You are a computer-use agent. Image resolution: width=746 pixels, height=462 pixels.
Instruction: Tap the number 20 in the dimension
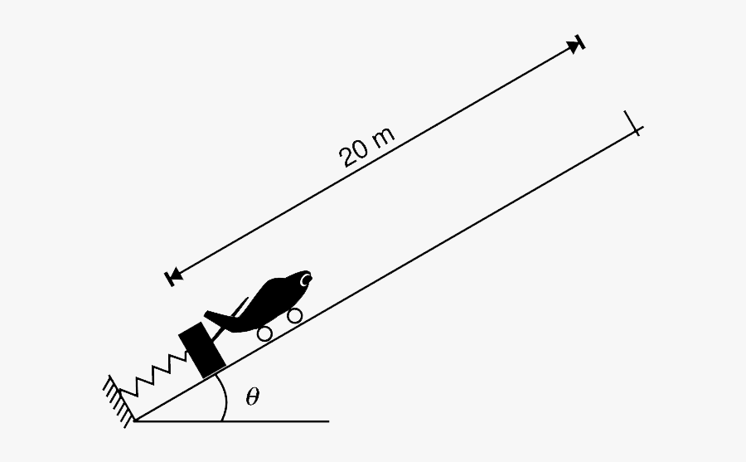pos(355,153)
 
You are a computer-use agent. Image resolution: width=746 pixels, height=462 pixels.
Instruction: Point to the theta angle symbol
pos(253,396)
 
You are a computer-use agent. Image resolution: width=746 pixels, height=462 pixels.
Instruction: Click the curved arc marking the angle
pos(225,397)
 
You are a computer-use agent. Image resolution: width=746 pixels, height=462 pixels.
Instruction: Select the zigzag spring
pos(153,375)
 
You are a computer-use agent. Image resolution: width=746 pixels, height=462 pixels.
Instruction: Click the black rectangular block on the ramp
pos(201,350)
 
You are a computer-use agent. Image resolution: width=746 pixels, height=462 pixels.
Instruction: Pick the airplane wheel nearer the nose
pos(295,315)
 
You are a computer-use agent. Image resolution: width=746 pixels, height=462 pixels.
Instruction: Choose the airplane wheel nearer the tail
pos(264,333)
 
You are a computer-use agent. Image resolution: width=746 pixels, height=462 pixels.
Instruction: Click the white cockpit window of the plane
pos(304,280)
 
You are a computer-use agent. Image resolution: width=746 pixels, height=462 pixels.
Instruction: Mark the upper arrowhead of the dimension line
pos(574,46)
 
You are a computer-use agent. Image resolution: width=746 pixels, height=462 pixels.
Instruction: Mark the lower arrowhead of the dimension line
pos(174,275)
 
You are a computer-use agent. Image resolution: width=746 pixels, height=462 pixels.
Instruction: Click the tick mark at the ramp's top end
pos(634,124)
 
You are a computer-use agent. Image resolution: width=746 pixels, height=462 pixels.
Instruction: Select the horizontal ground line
pos(232,421)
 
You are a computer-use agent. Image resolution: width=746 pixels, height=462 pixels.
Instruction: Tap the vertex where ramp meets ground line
pos(135,421)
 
